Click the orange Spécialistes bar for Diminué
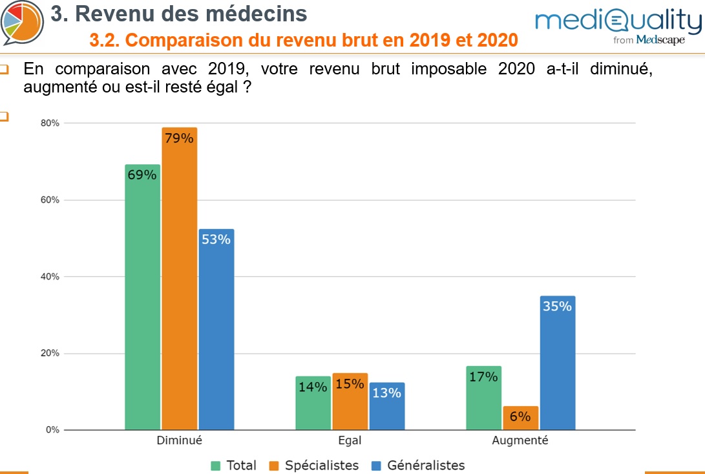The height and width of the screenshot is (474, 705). click(x=180, y=278)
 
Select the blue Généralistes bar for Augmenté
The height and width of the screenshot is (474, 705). click(x=558, y=362)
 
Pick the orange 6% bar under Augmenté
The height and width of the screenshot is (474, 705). click(x=521, y=418)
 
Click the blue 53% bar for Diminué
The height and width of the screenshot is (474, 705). click(x=216, y=330)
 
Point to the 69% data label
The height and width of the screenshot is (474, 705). click(x=142, y=175)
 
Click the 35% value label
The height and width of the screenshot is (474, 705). click(x=558, y=307)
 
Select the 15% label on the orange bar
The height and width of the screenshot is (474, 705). click(x=350, y=384)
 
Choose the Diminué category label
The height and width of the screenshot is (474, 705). click(x=180, y=440)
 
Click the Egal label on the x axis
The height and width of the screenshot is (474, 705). click(x=350, y=440)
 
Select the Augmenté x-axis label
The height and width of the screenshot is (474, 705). click(x=520, y=440)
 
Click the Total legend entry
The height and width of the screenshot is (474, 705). click(x=234, y=465)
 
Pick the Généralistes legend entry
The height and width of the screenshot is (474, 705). click(x=418, y=465)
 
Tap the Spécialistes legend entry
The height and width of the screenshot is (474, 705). click(x=315, y=465)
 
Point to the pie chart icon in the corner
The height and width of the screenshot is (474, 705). click(x=22, y=21)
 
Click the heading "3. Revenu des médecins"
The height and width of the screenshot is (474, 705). click(x=178, y=13)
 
